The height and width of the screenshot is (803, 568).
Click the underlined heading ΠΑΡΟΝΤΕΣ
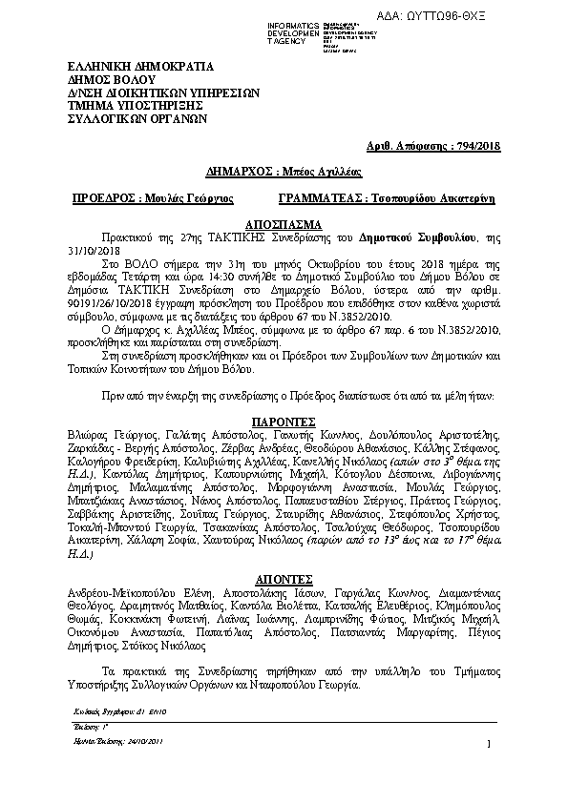click(284, 420)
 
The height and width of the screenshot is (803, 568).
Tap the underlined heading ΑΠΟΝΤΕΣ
click(284, 578)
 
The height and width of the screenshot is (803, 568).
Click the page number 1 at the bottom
click(489, 744)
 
